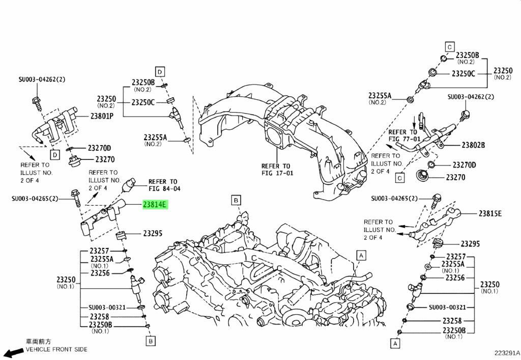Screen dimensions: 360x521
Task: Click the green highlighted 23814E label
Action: (154, 205)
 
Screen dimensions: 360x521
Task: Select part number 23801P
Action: (102, 116)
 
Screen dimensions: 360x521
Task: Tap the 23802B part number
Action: (473, 145)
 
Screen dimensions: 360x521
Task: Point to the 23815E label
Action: (489, 213)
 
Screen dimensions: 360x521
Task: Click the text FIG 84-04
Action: (164, 189)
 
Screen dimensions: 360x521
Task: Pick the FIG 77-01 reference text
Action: (404, 139)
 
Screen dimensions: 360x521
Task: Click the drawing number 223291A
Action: (507, 352)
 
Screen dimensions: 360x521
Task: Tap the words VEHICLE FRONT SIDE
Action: (56, 349)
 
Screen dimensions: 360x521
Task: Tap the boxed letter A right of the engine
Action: (361, 255)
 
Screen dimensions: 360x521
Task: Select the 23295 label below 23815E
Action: (470, 244)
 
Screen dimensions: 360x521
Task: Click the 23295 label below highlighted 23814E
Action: (152, 234)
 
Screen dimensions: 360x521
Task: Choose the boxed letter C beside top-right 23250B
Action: (449, 47)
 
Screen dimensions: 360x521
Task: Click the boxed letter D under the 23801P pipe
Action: (54, 154)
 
